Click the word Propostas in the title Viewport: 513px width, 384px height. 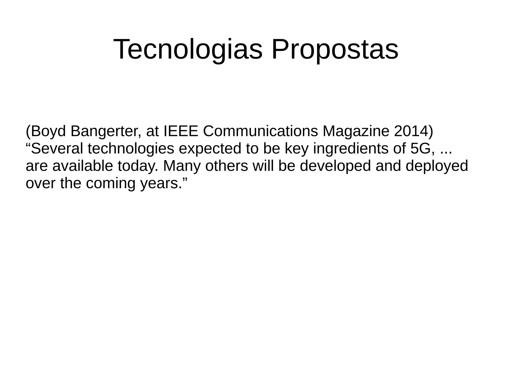[x=335, y=49]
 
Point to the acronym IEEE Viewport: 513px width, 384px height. [x=180, y=131]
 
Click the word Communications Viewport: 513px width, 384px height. [x=260, y=131]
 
